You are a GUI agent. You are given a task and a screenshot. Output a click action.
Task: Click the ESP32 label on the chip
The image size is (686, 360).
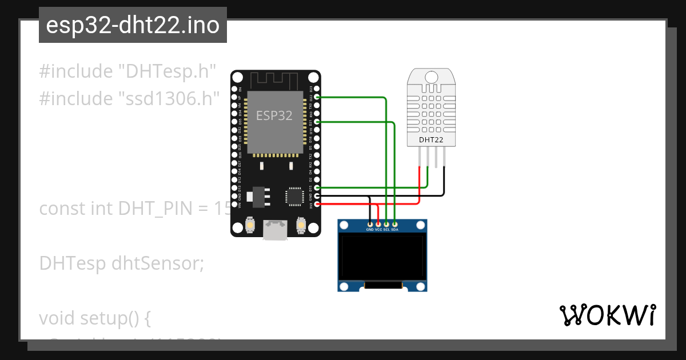point(274,115)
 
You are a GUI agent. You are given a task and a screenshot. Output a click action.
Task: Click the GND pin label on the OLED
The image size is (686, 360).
point(370,230)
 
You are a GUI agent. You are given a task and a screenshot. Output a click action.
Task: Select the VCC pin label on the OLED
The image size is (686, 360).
point(378,230)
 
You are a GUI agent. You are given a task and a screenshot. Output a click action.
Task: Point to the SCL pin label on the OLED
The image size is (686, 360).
point(386,230)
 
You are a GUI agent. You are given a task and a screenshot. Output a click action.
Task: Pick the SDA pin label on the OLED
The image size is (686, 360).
point(394,230)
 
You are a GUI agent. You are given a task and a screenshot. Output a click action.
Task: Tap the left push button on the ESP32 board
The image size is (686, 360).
point(250,226)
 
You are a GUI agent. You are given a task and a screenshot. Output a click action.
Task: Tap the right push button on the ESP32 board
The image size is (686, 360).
point(301,226)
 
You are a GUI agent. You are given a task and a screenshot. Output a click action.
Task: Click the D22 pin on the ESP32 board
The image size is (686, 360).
point(316,97)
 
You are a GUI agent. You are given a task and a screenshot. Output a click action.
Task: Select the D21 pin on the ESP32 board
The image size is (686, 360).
point(316,122)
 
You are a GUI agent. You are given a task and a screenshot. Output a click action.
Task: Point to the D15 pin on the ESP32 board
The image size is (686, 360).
point(316,187)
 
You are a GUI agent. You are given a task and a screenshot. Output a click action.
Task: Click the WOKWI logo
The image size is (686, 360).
point(608,315)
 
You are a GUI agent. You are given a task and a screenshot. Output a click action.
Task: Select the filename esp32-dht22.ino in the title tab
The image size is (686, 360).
point(133,26)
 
